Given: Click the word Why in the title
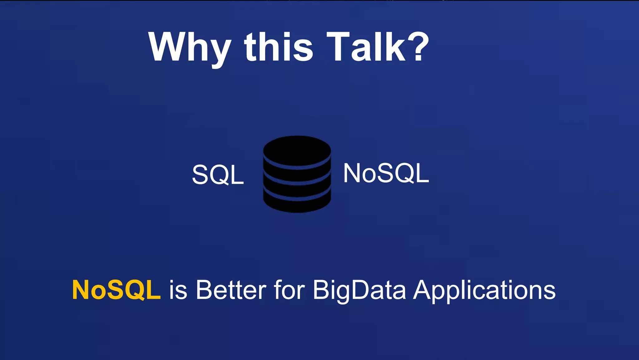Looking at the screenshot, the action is point(190,49).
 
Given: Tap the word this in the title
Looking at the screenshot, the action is point(279,47).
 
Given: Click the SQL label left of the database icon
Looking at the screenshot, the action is point(218,175).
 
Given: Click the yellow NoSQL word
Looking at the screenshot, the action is point(116,290).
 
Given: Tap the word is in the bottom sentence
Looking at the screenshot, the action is point(178,290).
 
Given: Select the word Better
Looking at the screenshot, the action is point(231,290).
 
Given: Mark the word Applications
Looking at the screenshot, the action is point(485,291).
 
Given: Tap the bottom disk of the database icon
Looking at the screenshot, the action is point(297,203).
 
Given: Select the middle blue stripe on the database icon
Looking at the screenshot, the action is point(297,180).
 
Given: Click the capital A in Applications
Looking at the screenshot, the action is point(424,290).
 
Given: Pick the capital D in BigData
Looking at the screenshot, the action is point(362,290).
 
